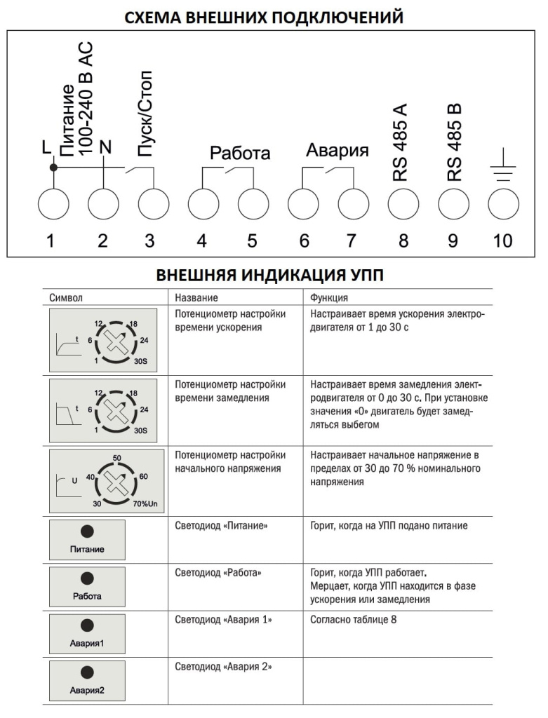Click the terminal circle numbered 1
pyautogui.click(x=53, y=204)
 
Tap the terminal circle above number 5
pyautogui.click(x=253, y=204)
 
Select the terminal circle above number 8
pyautogui.click(x=403, y=204)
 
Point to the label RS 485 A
pyautogui.click(x=401, y=144)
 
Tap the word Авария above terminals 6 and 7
pyautogui.click(x=338, y=151)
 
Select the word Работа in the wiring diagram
pyautogui.click(x=240, y=154)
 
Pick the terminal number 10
pyautogui.click(x=502, y=241)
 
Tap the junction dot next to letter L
pyautogui.click(x=53, y=168)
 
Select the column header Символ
pyautogui.click(x=66, y=297)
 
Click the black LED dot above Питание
pyautogui.click(x=87, y=533)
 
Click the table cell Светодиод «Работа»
pyautogui.click(x=218, y=573)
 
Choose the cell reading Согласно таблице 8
pyautogui.click(x=354, y=621)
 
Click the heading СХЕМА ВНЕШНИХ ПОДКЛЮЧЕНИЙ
pyautogui.click(x=264, y=17)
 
